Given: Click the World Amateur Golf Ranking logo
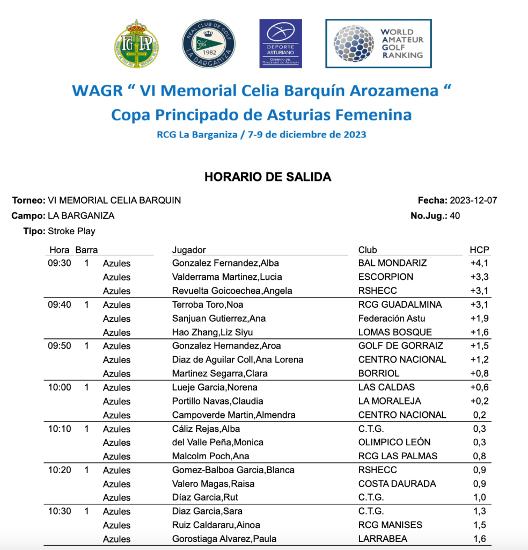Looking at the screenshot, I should (x=378, y=44).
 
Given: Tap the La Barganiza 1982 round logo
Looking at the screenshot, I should (x=208, y=44).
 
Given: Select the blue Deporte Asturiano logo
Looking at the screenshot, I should (x=280, y=44).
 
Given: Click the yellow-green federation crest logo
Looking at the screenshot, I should (x=136, y=44).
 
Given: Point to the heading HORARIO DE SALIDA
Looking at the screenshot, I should (x=268, y=177).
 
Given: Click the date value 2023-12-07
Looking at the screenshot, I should (x=473, y=200).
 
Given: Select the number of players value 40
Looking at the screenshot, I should (x=455, y=216).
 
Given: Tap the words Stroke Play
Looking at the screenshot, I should (x=71, y=231).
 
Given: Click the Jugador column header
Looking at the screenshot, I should (x=189, y=250).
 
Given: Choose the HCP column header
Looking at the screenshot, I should (x=479, y=250).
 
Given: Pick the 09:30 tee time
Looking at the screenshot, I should (x=60, y=263).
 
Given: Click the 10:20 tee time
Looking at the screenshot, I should (x=60, y=470).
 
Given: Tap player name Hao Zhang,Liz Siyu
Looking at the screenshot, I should (x=212, y=332).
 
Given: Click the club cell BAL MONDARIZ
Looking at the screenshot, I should (x=392, y=263).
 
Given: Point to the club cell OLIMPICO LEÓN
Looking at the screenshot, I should (x=394, y=443).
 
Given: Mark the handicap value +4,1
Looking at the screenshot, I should (x=479, y=263).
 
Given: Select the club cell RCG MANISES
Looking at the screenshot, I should (x=390, y=525).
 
